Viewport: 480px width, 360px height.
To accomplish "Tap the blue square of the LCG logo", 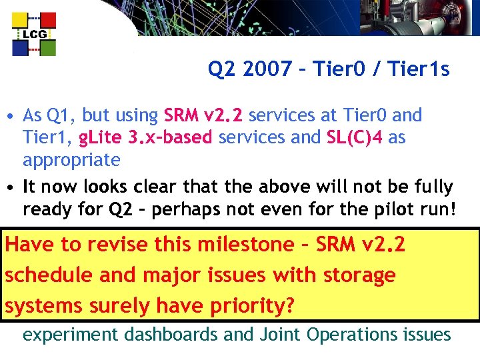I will pyautogui.click(x=20, y=48).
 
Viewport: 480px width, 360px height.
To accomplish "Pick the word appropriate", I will pyautogui.click(x=71, y=161).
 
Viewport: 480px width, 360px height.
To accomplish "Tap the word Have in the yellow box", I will pyautogui.click(x=29, y=245).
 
